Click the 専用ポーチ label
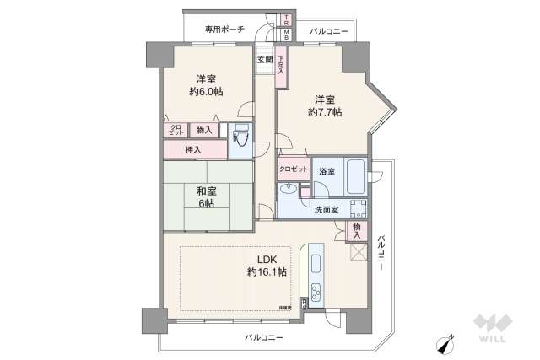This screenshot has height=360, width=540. (x=224, y=30)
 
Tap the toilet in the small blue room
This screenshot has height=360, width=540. (x=241, y=138)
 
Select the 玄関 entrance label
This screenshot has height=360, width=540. (x=264, y=60)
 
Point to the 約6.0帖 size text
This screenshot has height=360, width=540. (x=206, y=92)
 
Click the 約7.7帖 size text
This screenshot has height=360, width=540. (x=325, y=111)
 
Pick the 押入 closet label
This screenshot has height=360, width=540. (x=195, y=149)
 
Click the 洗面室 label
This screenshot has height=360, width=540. (x=326, y=210)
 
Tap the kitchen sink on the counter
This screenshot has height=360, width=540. (x=317, y=261)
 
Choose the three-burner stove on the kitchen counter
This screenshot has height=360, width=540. (x=316, y=293)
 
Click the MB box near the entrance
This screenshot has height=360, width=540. (x=286, y=35)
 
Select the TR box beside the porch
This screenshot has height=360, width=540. (x=286, y=19)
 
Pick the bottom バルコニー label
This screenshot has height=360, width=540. (x=264, y=337)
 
